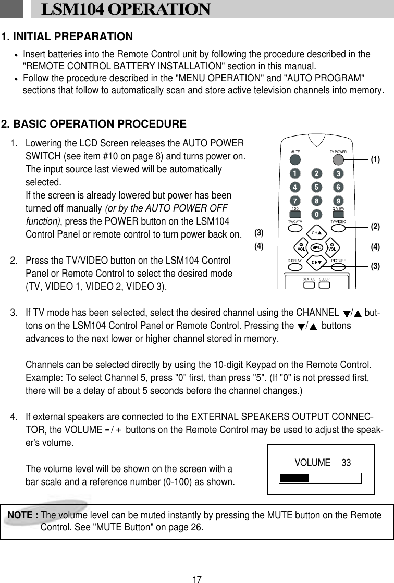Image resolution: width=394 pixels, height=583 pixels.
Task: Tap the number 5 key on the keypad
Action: [x=316, y=187]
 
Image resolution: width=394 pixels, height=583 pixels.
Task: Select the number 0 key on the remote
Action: [x=316, y=214]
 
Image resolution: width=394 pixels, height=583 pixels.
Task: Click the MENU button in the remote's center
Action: [x=316, y=247]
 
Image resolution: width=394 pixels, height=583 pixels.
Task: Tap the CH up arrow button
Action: [x=316, y=232]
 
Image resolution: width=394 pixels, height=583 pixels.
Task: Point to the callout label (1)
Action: [x=376, y=160]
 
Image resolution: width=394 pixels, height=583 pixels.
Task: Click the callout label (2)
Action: [x=376, y=226]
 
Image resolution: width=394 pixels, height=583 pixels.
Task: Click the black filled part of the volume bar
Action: [x=294, y=478]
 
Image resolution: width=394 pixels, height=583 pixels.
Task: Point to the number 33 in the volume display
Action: [x=346, y=463]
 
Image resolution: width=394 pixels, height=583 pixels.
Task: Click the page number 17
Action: [x=196, y=579]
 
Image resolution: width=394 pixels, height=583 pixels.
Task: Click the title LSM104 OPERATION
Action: [x=126, y=9]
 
